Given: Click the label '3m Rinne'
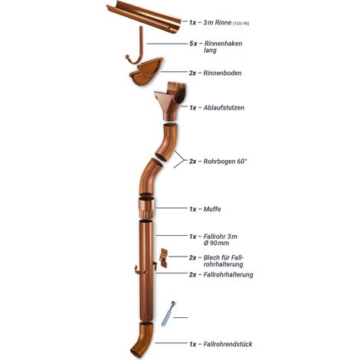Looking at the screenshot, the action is click(x=218, y=22).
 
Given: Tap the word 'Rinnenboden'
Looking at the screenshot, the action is click(x=222, y=73).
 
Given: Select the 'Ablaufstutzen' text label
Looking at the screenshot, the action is click(x=224, y=107).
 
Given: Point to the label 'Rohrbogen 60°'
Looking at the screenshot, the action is click(x=225, y=162).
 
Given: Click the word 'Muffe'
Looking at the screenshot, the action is click(x=212, y=209).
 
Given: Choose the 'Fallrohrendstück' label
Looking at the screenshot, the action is click(x=227, y=344).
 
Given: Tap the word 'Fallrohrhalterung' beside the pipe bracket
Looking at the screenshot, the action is click(x=228, y=275).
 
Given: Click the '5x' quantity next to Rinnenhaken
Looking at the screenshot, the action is click(x=193, y=44).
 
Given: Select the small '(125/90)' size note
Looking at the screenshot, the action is click(x=241, y=24).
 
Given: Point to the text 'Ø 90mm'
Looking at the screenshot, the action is click(x=216, y=243).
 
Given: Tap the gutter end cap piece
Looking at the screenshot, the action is click(x=146, y=72).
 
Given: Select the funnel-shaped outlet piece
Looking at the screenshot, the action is click(x=170, y=101).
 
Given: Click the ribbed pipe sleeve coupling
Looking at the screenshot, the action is click(x=146, y=208).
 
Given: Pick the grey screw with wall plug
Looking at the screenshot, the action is click(x=169, y=314).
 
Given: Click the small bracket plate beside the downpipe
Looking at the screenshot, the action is click(x=163, y=257).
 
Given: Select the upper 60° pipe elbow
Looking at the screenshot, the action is click(x=167, y=141).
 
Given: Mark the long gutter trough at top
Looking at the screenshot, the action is click(x=144, y=17).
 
